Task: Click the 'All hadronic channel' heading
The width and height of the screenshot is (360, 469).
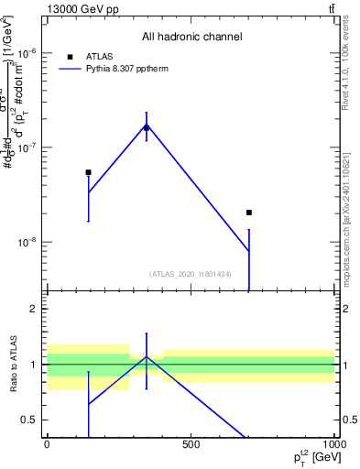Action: pos(191,38)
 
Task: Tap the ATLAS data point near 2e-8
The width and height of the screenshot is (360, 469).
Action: pos(249,213)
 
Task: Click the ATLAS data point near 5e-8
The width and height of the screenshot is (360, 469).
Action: pos(89,172)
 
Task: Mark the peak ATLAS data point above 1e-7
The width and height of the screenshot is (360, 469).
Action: pos(147,127)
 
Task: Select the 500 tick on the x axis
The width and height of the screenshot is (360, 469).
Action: pos(191,444)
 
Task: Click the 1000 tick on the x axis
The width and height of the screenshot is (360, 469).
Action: pos(333,444)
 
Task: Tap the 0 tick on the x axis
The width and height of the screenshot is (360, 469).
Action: pos(47,444)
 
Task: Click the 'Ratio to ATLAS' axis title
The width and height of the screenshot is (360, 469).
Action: pos(14,365)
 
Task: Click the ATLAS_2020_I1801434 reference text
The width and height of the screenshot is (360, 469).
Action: pos(191,274)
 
